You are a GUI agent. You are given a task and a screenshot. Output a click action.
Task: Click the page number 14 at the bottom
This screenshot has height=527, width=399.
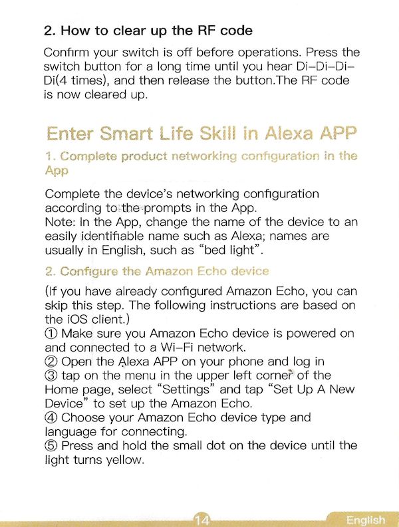[x=202, y=520]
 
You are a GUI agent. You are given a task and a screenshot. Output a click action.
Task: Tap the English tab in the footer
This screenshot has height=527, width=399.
[x=365, y=520]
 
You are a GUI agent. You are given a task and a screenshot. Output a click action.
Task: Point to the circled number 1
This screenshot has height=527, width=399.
[x=51, y=334]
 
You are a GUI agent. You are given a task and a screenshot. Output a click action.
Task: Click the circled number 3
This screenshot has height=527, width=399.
[x=51, y=375]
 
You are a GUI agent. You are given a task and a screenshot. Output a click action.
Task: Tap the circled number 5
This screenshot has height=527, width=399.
[x=51, y=446]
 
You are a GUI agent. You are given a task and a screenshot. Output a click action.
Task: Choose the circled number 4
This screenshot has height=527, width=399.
[x=51, y=418]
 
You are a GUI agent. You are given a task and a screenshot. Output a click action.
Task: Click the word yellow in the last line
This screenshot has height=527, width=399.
[x=125, y=460]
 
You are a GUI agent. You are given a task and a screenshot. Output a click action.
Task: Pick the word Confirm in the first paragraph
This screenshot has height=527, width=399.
[x=66, y=53]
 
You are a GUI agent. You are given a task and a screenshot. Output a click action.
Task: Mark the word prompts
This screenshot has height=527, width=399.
[x=167, y=209]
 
